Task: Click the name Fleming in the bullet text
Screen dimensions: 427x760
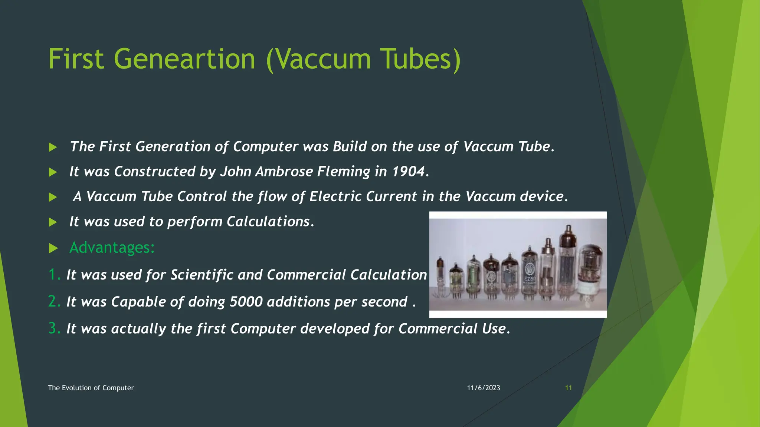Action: [x=343, y=172]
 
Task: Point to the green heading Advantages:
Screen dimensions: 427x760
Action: [x=112, y=248]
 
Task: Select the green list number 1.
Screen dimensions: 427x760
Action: [x=53, y=275]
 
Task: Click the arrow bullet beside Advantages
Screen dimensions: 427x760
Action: [x=53, y=248]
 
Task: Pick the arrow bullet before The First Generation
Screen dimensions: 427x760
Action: [x=53, y=147]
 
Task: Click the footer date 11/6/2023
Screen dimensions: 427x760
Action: [x=483, y=388]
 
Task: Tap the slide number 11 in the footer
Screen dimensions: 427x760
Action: [x=568, y=388]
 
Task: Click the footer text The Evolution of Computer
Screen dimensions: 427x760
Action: [x=91, y=388]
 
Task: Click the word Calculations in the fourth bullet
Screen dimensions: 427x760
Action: [x=268, y=222]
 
